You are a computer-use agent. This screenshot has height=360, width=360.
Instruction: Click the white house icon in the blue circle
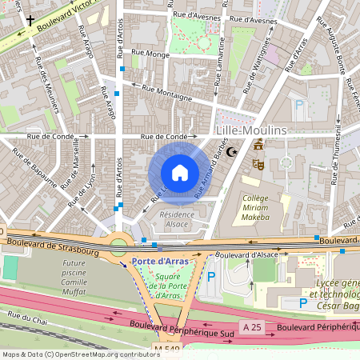tap(180, 173)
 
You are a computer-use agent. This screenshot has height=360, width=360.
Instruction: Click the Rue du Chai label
tap(26, 316)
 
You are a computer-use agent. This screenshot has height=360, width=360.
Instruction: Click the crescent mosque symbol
tap(233, 151)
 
